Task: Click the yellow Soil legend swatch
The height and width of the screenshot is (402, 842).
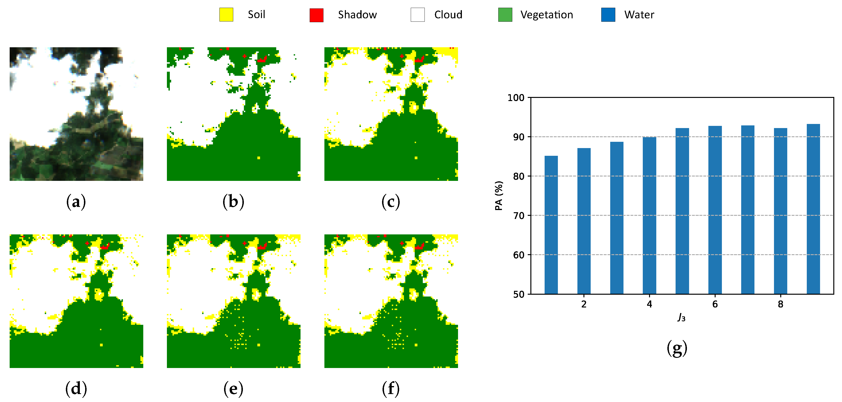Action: tap(226, 15)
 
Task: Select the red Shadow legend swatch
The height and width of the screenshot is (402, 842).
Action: tap(316, 15)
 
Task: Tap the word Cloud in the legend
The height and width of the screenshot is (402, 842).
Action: tap(448, 15)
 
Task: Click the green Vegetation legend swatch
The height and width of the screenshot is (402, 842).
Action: tap(505, 15)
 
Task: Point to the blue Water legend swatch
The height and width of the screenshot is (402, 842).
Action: tap(608, 15)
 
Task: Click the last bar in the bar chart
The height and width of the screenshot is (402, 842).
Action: tap(813, 209)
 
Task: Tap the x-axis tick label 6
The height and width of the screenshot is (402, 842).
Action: tap(715, 304)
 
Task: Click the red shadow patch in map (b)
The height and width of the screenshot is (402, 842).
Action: tap(262, 60)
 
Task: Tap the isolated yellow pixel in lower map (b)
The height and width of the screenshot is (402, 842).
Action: tap(259, 158)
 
